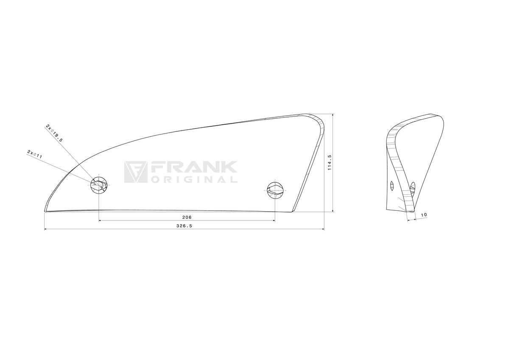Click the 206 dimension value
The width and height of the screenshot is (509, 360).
(x=187, y=218)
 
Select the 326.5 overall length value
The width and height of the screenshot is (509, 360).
(x=184, y=226)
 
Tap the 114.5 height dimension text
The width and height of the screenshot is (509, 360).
(x=330, y=163)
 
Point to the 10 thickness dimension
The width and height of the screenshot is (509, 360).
(x=424, y=215)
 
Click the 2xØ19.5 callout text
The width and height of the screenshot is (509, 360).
(x=54, y=133)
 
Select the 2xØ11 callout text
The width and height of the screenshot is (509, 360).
(x=35, y=154)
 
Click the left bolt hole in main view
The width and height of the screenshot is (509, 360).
(x=99, y=185)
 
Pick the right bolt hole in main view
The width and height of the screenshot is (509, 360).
(x=275, y=190)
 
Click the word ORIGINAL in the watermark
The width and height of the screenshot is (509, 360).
(x=195, y=180)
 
